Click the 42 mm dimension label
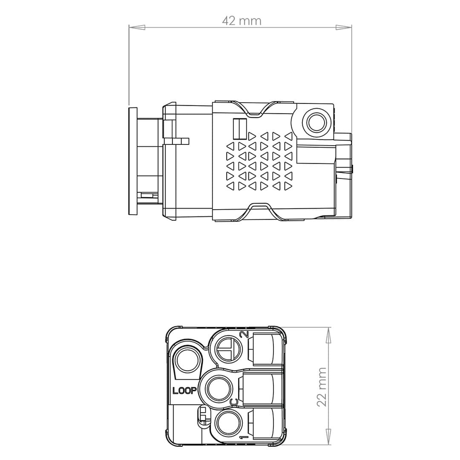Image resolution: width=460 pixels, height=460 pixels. pyautogui.click(x=241, y=20)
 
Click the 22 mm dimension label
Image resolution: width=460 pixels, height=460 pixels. pyautogui.click(x=322, y=387)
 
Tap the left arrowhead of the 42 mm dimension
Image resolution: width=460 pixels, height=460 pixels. pyautogui.click(x=137, y=27)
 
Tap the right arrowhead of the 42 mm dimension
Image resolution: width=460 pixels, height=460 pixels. pyautogui.click(x=343, y=27)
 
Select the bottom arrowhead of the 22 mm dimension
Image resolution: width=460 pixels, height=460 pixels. pyautogui.click(x=328, y=437)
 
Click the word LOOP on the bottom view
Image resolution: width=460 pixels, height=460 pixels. pyautogui.click(x=184, y=391)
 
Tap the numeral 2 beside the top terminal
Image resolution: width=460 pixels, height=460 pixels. pyautogui.click(x=244, y=334)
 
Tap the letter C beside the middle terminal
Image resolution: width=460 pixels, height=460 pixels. pyautogui.click(x=234, y=402)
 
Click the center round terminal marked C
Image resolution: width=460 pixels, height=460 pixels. pyautogui.click(x=220, y=388)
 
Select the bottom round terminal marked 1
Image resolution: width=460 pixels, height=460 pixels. pyautogui.click(x=229, y=424)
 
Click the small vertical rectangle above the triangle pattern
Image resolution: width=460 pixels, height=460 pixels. pyautogui.click(x=240, y=127)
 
